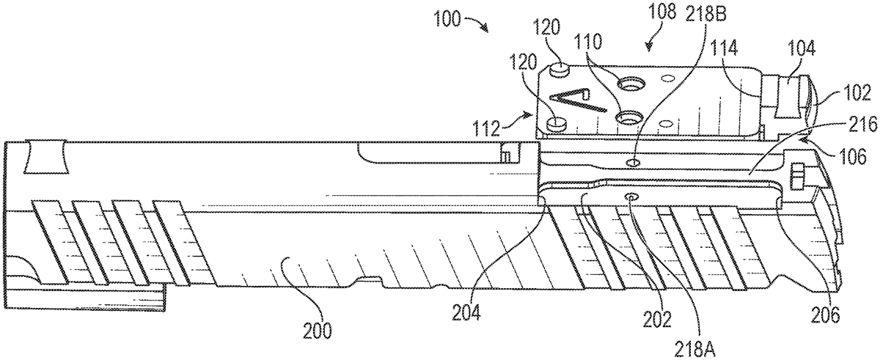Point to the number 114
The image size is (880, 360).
pos(724,48)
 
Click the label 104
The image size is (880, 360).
pos(802,48)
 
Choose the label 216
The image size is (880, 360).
pos(865,125)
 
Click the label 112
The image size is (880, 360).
pos(486,128)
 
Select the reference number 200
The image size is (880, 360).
pos(318,331)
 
